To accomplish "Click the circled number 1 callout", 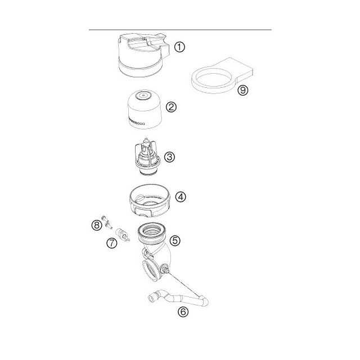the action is (x=179, y=47).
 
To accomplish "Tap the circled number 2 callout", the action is (x=171, y=107).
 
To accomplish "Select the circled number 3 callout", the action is (x=170, y=157).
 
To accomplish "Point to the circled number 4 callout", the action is (x=181, y=197).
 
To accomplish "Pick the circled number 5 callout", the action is (x=175, y=241).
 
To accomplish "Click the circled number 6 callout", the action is (x=183, y=312).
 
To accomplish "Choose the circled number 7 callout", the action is (x=112, y=243).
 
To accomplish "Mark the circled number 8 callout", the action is (x=97, y=225).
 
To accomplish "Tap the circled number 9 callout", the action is (x=243, y=90).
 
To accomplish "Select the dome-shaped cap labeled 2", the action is (x=145, y=109).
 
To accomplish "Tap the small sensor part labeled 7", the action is (x=123, y=235).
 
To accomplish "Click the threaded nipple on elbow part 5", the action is (x=165, y=269).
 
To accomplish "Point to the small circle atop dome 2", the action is (x=143, y=94).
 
